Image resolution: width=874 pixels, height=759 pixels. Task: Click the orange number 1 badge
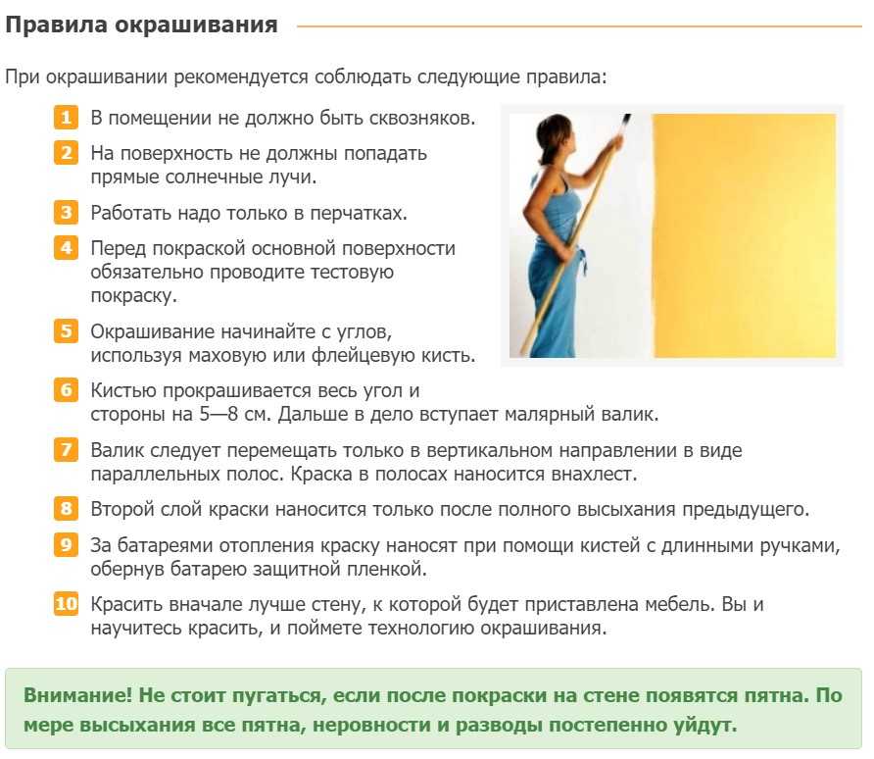coord(66,118)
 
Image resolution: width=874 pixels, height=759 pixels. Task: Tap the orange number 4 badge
coord(66,248)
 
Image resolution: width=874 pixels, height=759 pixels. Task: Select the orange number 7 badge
coord(66,449)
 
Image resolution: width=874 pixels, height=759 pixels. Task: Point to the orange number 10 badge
coord(66,603)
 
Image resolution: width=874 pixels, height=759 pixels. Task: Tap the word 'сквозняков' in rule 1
coord(421,119)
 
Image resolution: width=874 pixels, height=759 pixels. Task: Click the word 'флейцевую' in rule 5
coord(362,355)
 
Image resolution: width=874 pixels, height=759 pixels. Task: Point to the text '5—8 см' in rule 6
coord(234,415)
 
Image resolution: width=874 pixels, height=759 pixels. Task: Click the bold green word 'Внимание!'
coord(78,695)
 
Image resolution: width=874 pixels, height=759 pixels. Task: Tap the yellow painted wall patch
coord(745,235)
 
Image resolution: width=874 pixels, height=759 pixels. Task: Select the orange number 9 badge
coord(66,544)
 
